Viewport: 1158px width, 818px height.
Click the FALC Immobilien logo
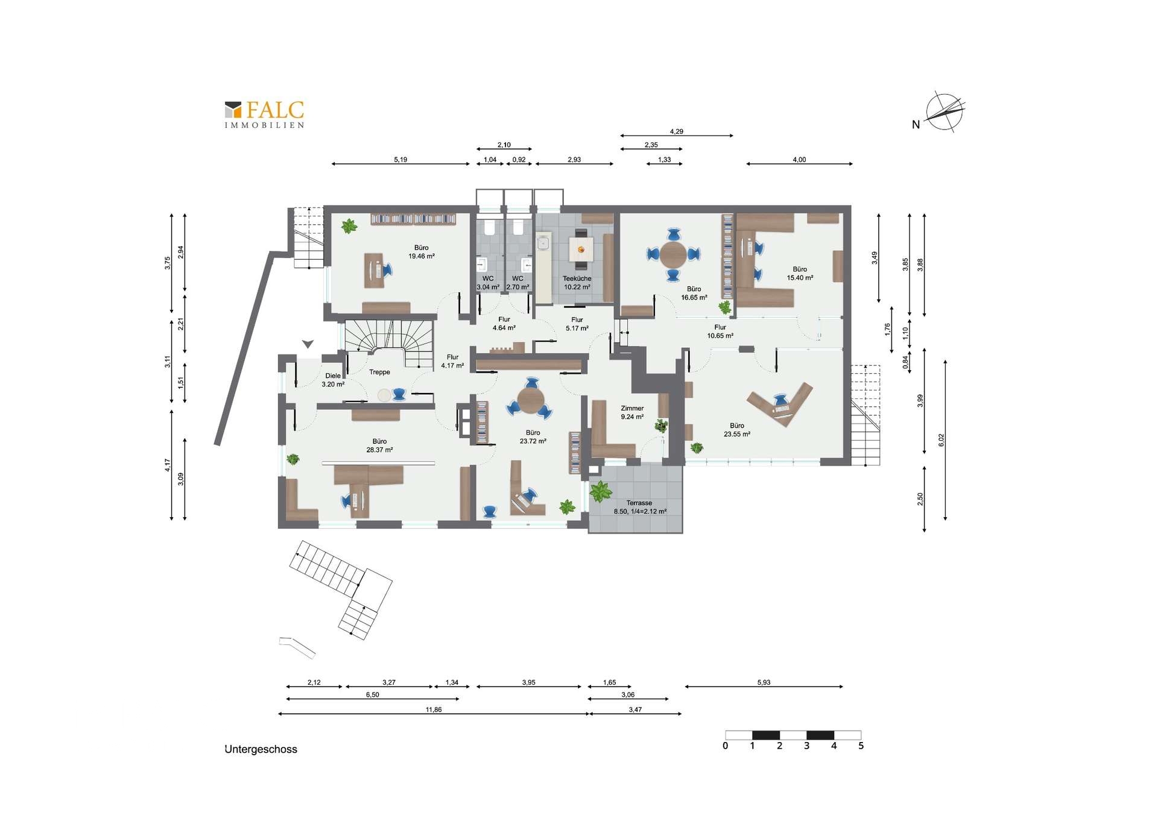point(264,114)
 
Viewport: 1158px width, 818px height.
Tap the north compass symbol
point(944,112)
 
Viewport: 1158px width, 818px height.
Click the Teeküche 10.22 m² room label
point(577,283)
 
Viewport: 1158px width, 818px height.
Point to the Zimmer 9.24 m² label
point(632,412)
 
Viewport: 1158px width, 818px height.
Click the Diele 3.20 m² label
point(333,380)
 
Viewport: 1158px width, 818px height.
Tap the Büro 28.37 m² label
point(379,445)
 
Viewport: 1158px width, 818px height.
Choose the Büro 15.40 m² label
point(800,274)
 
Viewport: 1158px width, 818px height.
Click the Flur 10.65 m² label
point(720,332)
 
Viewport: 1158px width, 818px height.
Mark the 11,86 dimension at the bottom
point(433,709)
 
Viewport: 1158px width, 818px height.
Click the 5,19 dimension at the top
point(400,160)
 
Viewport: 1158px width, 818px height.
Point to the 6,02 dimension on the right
point(941,440)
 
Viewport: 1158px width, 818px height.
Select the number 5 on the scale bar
point(861,746)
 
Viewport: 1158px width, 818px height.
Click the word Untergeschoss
point(261,749)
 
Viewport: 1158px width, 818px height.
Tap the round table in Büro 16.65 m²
point(673,255)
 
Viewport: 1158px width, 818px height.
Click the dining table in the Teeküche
point(581,249)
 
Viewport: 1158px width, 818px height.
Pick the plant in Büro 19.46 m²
point(349,227)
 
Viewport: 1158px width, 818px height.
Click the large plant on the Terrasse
point(601,492)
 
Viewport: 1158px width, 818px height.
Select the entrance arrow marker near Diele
point(308,344)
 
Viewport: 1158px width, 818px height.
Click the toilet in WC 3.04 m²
point(489,228)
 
